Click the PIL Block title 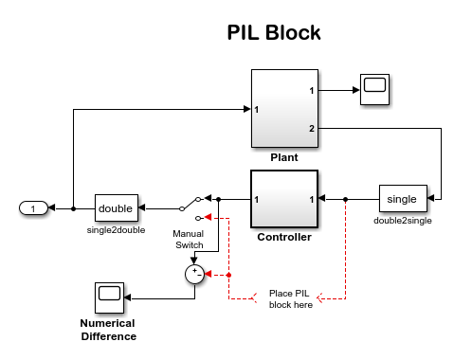[x=274, y=32]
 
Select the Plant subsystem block [x=284, y=108]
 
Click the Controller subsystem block [x=284, y=199]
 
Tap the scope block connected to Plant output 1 [x=374, y=89]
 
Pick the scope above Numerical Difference [x=109, y=297]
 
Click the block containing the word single [x=403, y=199]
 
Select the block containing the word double [x=117, y=208]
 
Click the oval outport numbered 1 [x=33, y=208]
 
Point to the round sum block [x=194, y=274]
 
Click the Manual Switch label [x=189, y=240]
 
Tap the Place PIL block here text [x=291, y=299]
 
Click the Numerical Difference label [x=108, y=330]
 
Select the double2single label [x=403, y=221]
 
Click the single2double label [x=116, y=230]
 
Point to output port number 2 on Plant [x=312, y=129]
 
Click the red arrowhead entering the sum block [x=208, y=275]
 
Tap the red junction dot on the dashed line [x=228, y=275]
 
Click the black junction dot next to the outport [x=73, y=208]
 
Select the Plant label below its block [x=284, y=157]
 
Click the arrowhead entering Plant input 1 [x=247, y=109]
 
